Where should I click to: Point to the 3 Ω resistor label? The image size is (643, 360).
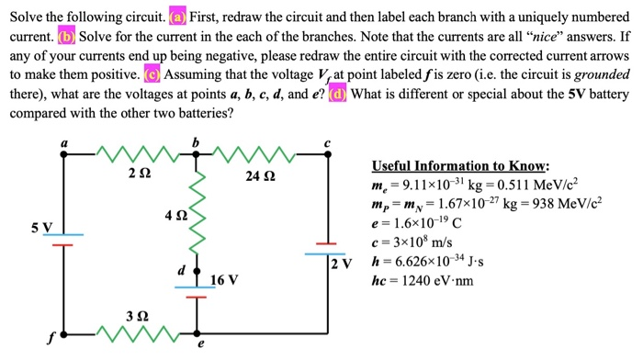(136, 315)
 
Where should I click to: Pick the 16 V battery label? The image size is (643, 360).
(225, 279)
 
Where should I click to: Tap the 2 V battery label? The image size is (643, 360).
(342, 265)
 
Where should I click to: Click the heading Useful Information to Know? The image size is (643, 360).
(460, 166)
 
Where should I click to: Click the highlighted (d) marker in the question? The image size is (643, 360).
(337, 95)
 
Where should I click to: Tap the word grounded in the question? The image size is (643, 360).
(596, 75)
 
